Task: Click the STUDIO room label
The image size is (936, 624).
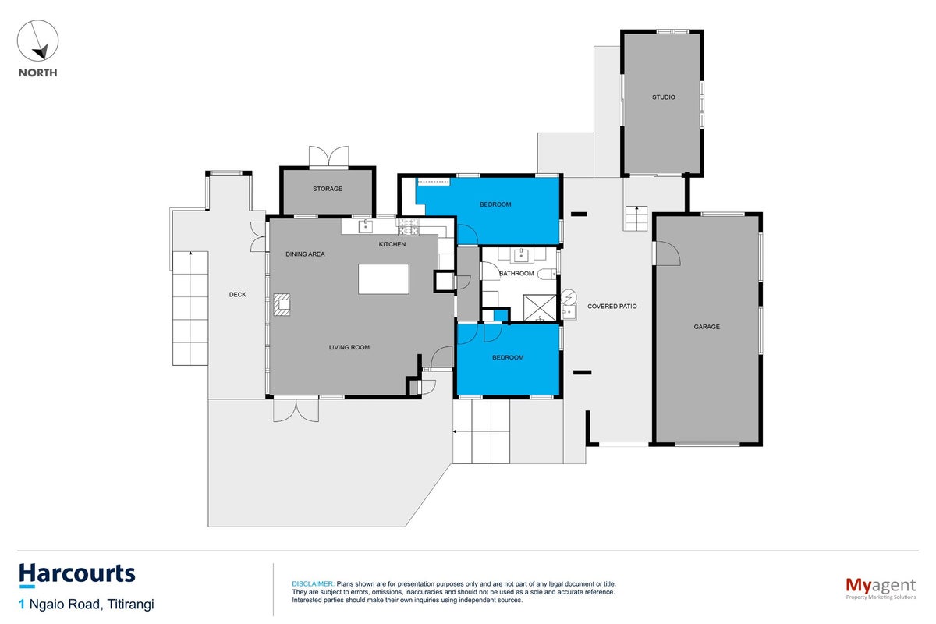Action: (x=664, y=97)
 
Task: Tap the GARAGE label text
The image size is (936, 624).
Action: (x=707, y=327)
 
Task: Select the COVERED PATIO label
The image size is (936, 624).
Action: (x=612, y=307)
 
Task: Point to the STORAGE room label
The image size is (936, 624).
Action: (x=328, y=189)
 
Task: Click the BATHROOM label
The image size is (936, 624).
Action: (x=516, y=273)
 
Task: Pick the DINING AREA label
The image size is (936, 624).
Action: (x=305, y=254)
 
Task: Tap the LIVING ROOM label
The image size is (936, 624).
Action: (x=349, y=347)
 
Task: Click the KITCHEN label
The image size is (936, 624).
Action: (x=392, y=244)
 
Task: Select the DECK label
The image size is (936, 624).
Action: (x=237, y=295)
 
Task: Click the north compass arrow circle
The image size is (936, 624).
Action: (x=37, y=41)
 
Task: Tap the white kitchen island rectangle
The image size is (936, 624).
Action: (x=384, y=278)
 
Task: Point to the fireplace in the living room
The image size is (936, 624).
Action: (x=282, y=304)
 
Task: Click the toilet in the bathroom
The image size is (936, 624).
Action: (x=546, y=275)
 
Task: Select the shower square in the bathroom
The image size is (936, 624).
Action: (x=540, y=308)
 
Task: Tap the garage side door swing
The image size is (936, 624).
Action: (x=668, y=253)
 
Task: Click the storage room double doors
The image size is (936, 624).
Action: (x=329, y=157)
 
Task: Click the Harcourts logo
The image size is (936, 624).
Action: (x=77, y=573)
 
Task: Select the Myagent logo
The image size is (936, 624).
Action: (x=881, y=588)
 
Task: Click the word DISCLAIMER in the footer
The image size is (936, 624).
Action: (x=313, y=584)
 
